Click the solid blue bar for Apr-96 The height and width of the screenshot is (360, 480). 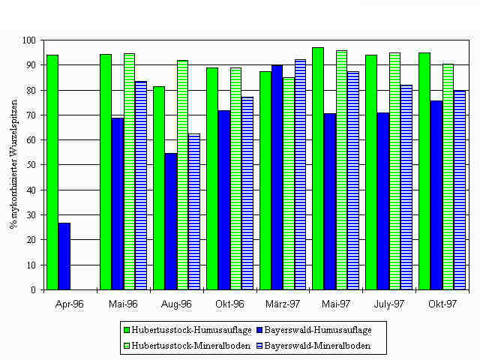tap(64, 256)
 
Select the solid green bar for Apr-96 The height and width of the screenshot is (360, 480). tap(52, 172)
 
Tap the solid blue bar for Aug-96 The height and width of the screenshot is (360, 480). tap(170, 221)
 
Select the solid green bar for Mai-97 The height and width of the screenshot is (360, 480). tap(318, 168)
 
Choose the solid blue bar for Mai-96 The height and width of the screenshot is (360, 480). tap(118, 203)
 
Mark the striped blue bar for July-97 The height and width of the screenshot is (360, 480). tap(406, 187)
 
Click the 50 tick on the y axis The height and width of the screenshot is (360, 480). tap(32, 165)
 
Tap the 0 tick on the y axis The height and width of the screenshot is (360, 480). tap(34, 289)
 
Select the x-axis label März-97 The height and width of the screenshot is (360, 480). tap(283, 304)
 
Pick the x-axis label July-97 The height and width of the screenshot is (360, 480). tap(389, 304)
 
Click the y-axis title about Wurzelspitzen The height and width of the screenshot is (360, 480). tap(13, 165)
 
